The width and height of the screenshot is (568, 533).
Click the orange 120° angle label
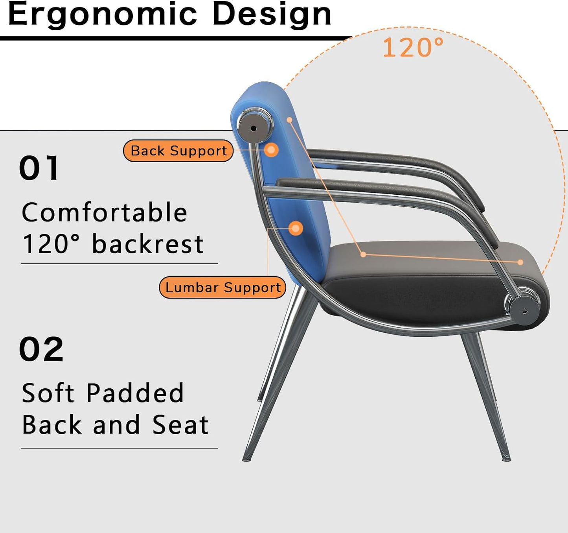pos(413,48)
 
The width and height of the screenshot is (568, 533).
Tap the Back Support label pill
pos(178,151)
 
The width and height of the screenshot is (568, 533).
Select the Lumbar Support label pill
pos(222,288)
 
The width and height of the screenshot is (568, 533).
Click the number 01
pos(39,168)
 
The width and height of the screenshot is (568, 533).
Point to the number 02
pos(41,349)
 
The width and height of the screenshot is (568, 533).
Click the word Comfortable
pos(104,213)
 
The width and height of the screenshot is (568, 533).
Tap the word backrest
pos(147,244)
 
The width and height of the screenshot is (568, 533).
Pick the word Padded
pos(135,393)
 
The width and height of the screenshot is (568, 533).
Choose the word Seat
pos(180,425)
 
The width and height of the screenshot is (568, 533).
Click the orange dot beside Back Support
pos(271,150)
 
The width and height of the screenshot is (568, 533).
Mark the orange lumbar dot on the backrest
pos(296,228)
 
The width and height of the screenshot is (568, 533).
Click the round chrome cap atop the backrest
pos(254,128)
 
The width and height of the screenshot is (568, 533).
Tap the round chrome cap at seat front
pos(525,310)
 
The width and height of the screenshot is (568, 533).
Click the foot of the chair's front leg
pos(506,458)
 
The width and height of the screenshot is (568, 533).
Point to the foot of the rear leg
pos(246,458)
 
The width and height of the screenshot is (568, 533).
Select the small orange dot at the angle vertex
pos(363,255)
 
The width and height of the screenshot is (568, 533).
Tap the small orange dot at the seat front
pos(520,262)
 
